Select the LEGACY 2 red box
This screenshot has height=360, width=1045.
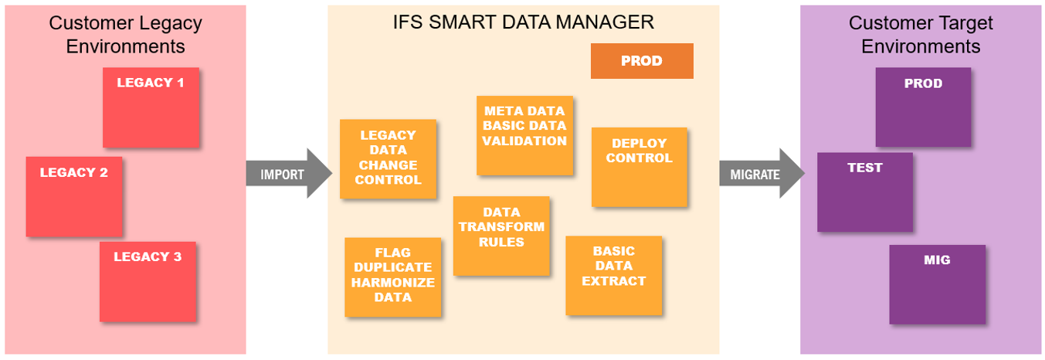coord(74,196)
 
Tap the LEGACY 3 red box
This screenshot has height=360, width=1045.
coord(148,281)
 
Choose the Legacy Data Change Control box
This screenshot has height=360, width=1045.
coord(388,158)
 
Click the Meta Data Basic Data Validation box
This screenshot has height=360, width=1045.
coord(524,135)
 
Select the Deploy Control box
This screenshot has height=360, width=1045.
coord(639,167)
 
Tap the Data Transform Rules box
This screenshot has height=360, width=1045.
coord(501,236)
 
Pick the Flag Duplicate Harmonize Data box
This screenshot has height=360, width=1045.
coord(392,277)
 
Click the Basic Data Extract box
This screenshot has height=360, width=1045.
coord(613,275)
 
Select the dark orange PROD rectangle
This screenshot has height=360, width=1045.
coord(641,61)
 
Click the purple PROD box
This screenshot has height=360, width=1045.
coord(923,107)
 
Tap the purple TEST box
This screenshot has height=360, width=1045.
coord(864,192)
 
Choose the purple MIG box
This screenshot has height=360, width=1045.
coord(937,284)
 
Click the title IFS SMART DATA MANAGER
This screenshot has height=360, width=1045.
coord(523,22)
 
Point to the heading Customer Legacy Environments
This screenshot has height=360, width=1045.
coord(125,34)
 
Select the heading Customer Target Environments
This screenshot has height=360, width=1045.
coord(921,34)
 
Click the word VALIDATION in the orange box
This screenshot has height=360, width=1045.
coord(524,141)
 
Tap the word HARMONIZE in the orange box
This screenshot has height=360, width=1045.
coord(392,282)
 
